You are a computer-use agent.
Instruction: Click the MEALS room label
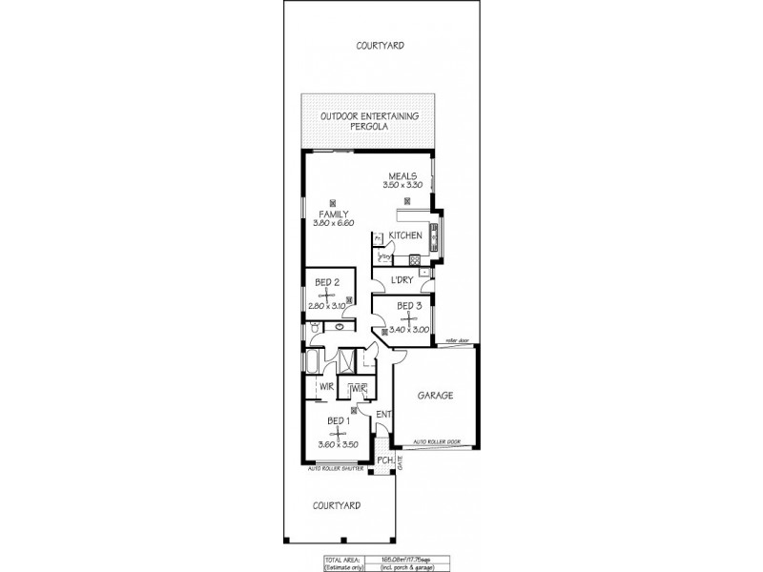(402, 175)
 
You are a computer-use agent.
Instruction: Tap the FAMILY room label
(333, 214)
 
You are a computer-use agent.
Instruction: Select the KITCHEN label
(405, 235)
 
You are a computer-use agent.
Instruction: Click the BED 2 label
(328, 281)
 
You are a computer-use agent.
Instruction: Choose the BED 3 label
(409, 305)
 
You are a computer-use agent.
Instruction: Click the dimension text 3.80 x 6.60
(334, 223)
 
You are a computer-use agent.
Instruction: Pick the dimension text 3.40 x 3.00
(409, 330)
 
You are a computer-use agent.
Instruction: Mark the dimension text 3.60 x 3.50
(340, 444)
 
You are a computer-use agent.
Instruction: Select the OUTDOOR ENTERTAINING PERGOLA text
(368, 121)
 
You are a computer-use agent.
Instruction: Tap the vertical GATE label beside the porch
(401, 462)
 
